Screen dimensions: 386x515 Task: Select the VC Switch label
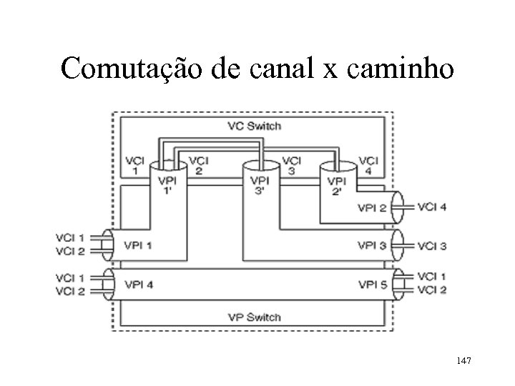pyautogui.click(x=254, y=127)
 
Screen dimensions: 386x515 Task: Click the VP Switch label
pyautogui.click(x=254, y=317)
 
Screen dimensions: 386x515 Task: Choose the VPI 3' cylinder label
pyautogui.click(x=260, y=185)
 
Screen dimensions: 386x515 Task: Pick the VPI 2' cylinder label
pyautogui.click(x=338, y=185)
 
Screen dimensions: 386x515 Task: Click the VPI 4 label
pyautogui.click(x=139, y=284)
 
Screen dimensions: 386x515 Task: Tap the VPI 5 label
pyautogui.click(x=373, y=284)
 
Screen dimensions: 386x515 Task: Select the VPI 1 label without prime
pyautogui.click(x=139, y=245)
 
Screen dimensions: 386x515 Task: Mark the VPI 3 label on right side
pyautogui.click(x=373, y=245)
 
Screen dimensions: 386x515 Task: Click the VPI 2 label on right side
pyautogui.click(x=373, y=208)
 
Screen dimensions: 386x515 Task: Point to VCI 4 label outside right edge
pyautogui.click(x=432, y=207)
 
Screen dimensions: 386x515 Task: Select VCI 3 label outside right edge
pyautogui.click(x=432, y=246)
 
